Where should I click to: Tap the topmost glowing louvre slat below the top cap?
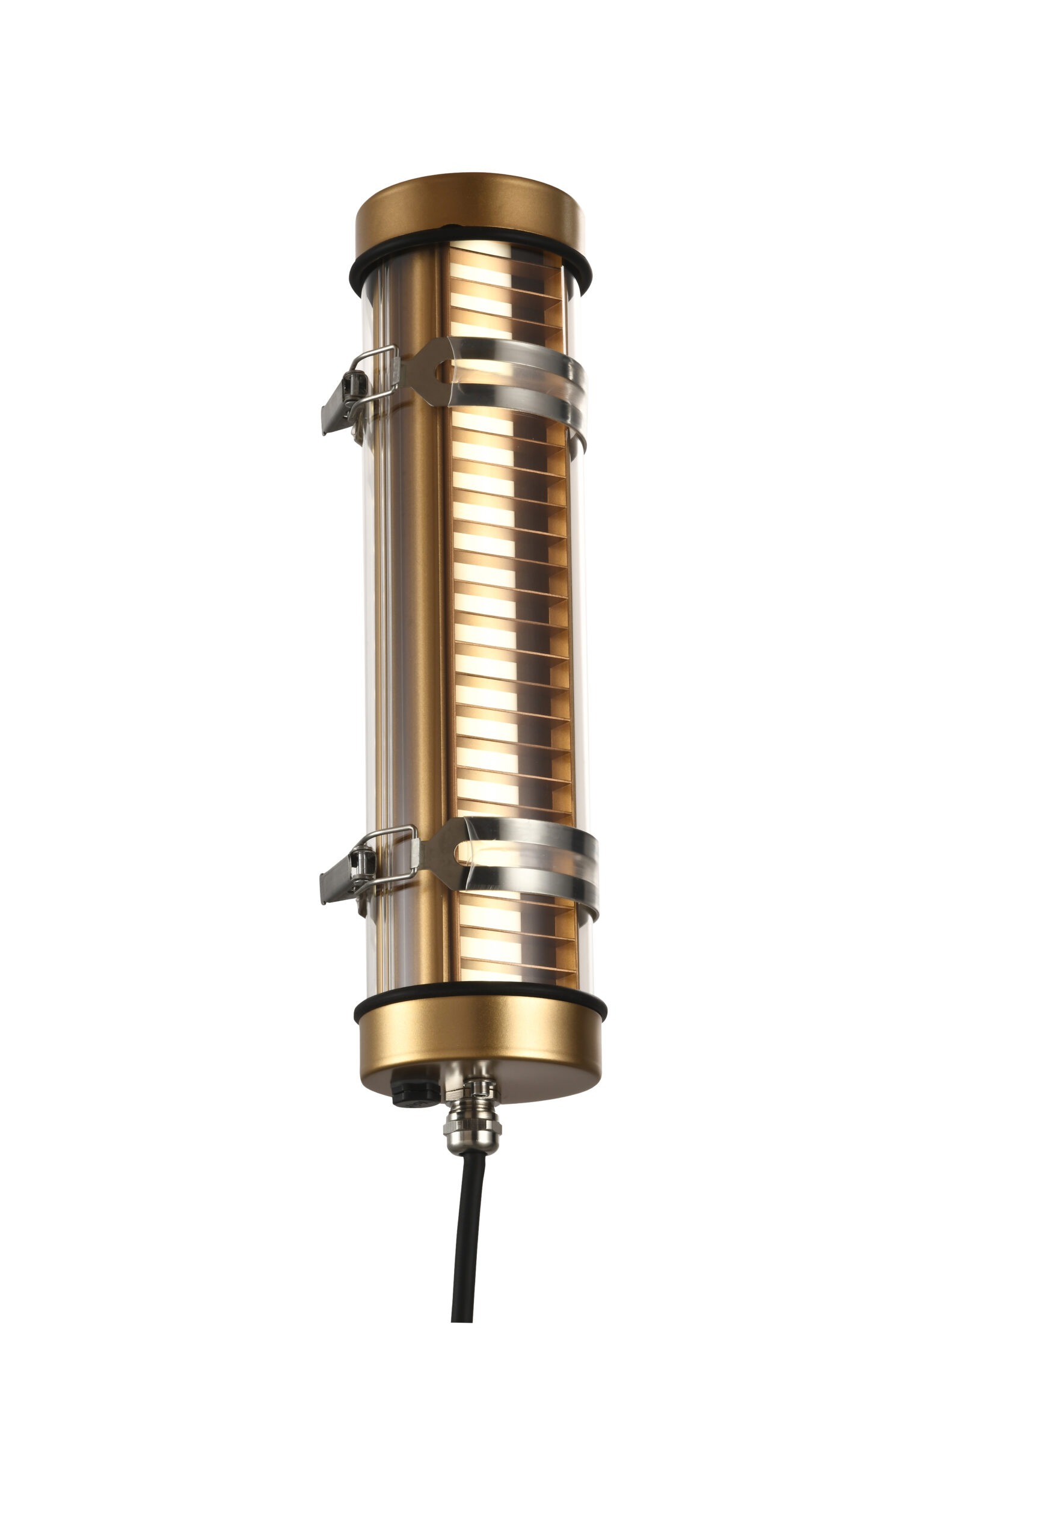(x=479, y=271)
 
